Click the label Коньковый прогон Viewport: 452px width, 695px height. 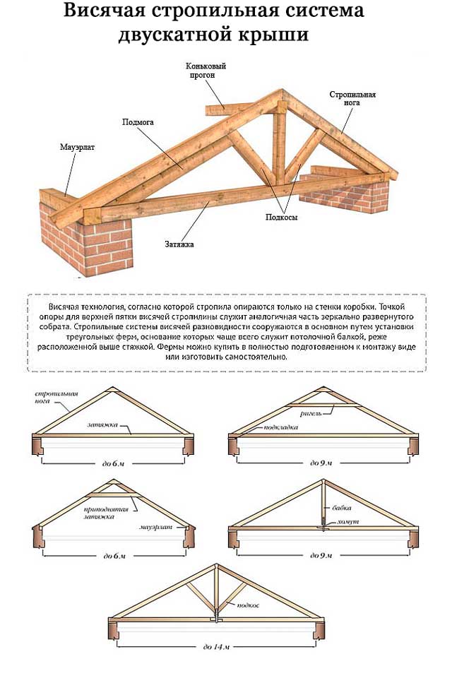pyautogui.click(x=206, y=71)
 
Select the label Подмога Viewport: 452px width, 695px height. pyautogui.click(x=138, y=122)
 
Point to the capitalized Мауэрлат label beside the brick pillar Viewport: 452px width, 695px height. pyautogui.click(x=76, y=148)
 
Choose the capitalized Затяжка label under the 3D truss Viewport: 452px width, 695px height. pyautogui.click(x=180, y=244)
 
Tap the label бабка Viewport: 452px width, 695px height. pyautogui.click(x=342, y=508)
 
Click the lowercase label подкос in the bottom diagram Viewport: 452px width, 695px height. pyautogui.click(x=249, y=605)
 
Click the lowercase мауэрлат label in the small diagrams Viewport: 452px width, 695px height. pyautogui.click(x=155, y=527)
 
